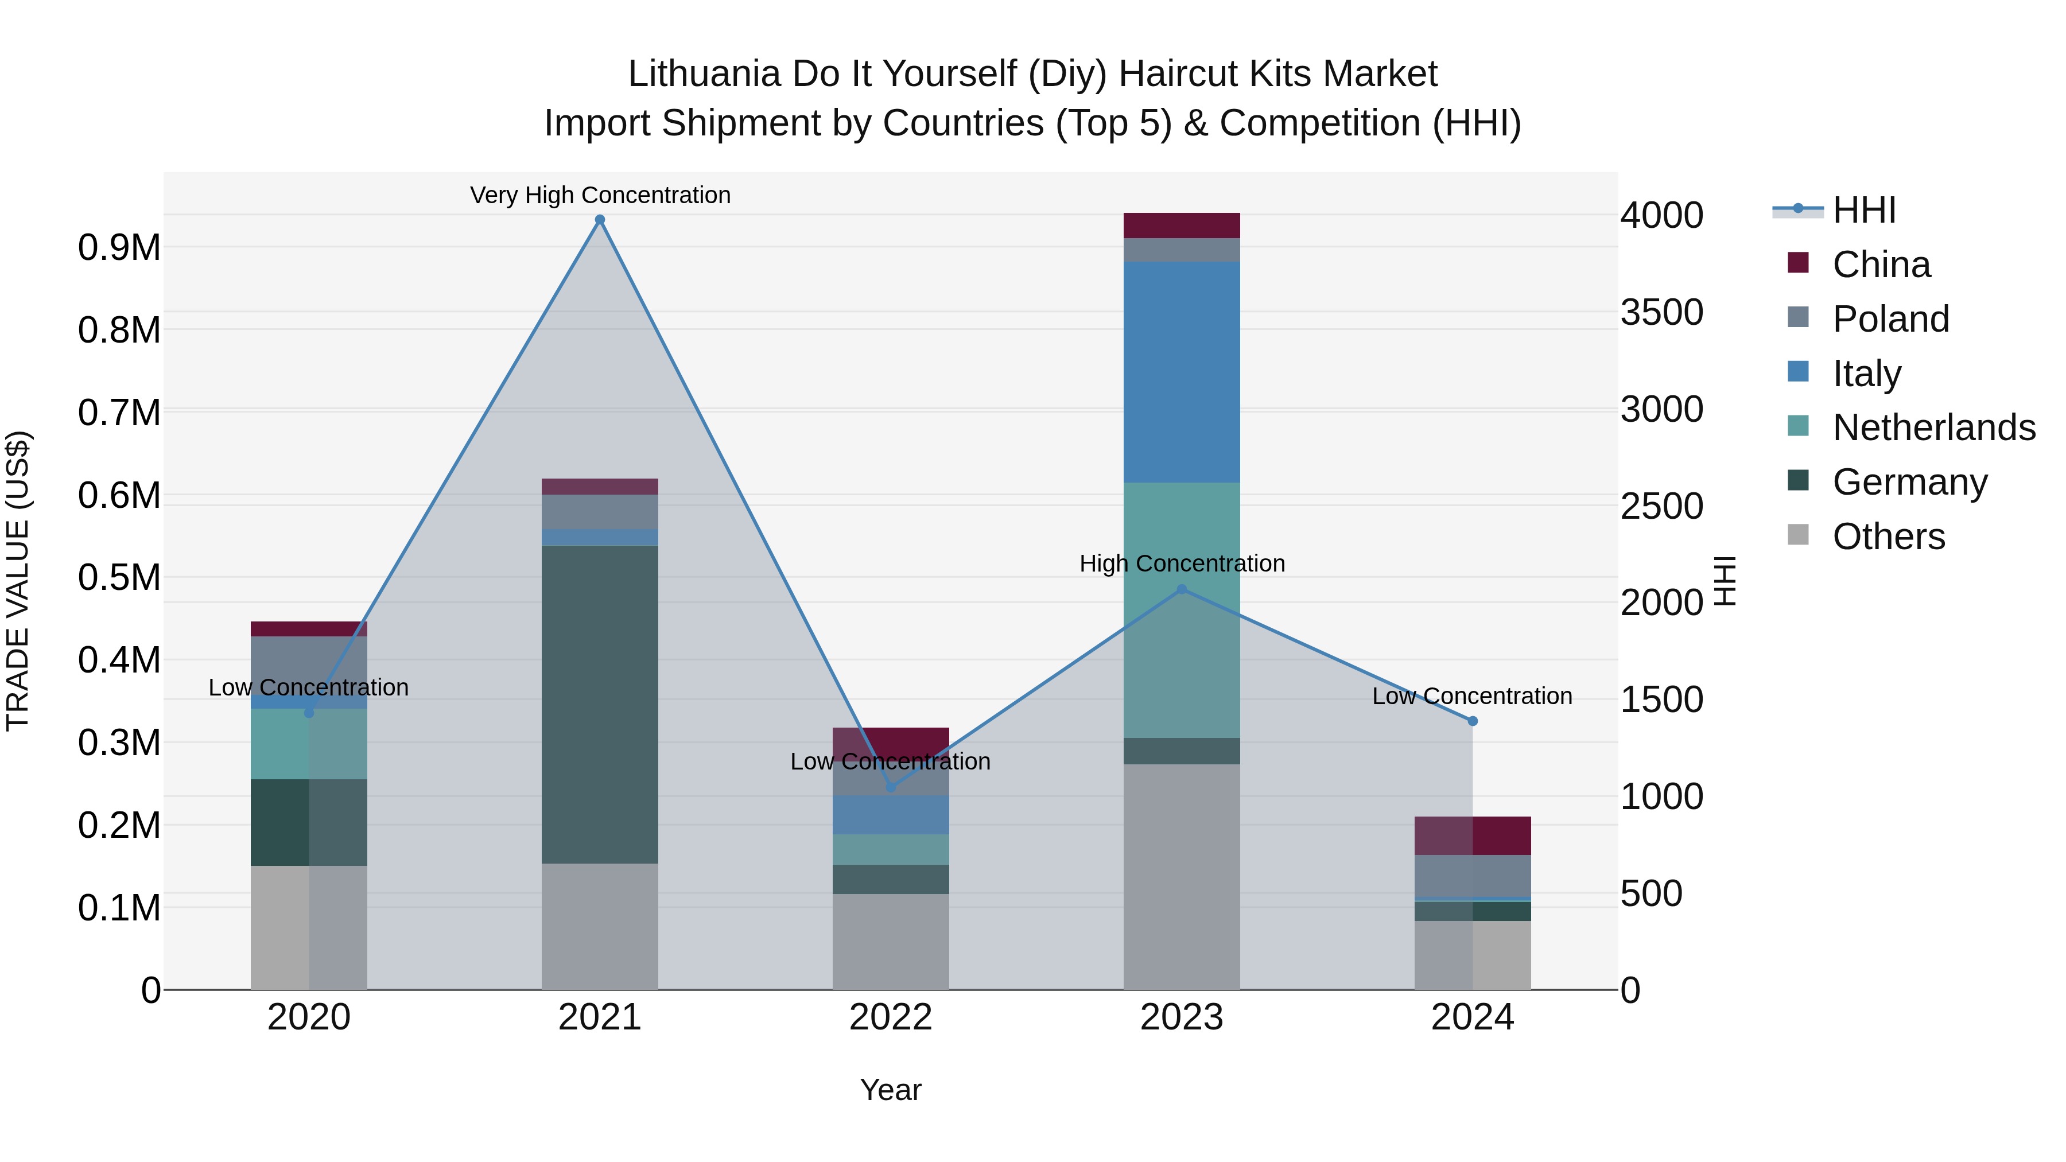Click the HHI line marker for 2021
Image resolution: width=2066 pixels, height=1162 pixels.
click(599, 220)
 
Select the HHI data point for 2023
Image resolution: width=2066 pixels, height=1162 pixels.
click(1182, 589)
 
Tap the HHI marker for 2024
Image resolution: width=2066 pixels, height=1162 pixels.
click(1473, 721)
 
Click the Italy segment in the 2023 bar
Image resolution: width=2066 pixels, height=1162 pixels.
click(1182, 371)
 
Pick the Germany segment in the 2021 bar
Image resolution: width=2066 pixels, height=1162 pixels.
click(599, 704)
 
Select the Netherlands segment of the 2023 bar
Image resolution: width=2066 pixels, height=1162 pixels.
click(1182, 609)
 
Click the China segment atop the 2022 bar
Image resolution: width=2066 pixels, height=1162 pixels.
click(890, 740)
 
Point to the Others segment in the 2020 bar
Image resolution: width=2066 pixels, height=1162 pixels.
click(309, 927)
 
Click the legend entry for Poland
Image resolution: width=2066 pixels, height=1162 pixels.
click(1890, 319)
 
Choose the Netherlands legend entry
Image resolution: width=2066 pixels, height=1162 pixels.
click(1933, 428)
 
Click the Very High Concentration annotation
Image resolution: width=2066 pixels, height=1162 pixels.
click(600, 195)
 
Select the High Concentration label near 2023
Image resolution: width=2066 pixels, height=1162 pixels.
click(1182, 563)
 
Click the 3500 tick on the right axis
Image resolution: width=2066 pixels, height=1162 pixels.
click(1661, 312)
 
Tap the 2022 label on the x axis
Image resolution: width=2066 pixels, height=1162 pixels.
click(890, 1017)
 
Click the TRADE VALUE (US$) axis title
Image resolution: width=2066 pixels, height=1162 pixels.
click(18, 581)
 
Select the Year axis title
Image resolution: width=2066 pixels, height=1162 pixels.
click(890, 1090)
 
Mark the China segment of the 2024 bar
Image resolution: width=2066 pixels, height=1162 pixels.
click(1473, 835)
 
